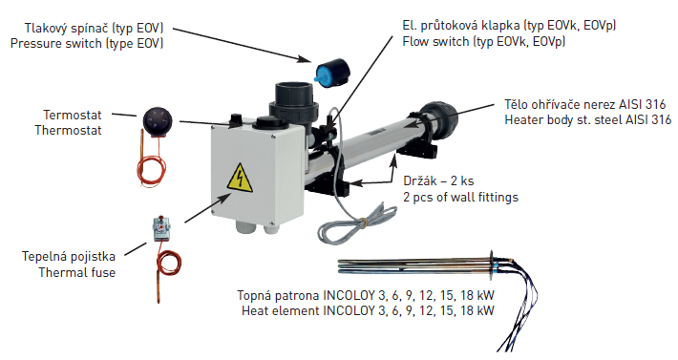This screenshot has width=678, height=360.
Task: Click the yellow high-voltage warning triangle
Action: (239, 179)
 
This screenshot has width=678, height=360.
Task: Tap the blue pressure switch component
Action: (332, 73)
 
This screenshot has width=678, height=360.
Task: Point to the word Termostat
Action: (73, 115)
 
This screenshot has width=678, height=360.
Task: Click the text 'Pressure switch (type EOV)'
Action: (87, 43)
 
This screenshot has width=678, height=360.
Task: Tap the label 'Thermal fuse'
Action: (77, 272)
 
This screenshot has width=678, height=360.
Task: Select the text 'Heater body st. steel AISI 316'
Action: (587, 119)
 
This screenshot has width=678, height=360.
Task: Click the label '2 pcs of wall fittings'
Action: (460, 197)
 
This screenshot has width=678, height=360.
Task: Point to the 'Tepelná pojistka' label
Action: (69, 256)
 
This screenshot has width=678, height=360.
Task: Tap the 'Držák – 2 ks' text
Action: (438, 180)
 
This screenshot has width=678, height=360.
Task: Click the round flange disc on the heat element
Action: (491, 265)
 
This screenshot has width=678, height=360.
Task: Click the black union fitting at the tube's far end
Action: (436, 119)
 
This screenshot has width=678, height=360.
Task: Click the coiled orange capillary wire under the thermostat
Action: (151, 170)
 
